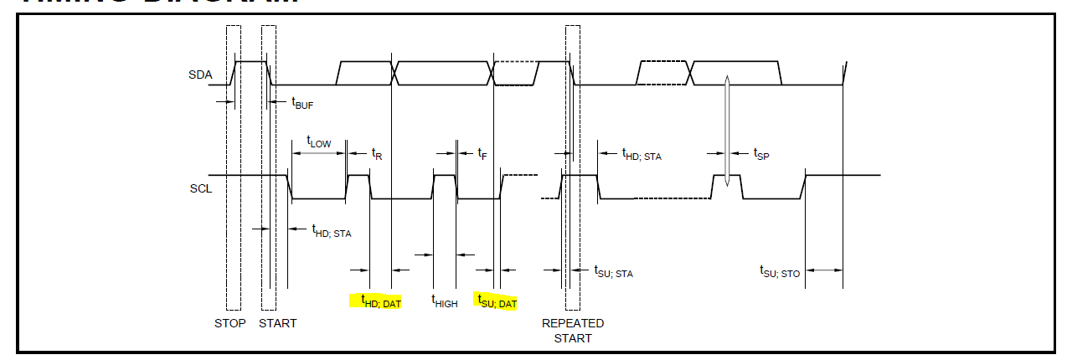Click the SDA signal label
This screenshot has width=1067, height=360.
click(x=198, y=75)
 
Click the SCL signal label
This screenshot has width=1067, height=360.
click(x=201, y=188)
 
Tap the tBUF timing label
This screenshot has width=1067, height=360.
click(x=302, y=103)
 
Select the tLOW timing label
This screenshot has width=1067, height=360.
click(x=318, y=142)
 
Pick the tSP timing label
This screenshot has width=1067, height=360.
click(x=760, y=154)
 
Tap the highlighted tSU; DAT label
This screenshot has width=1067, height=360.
click(x=497, y=301)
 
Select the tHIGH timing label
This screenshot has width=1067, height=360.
click(x=444, y=301)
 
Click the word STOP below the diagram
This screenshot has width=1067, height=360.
click(x=230, y=323)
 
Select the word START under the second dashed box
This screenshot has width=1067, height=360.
click(x=277, y=323)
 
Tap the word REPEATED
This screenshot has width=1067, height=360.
click(x=573, y=323)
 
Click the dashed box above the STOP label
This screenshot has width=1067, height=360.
click(x=234, y=167)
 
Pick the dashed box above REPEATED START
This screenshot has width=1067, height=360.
click(x=573, y=167)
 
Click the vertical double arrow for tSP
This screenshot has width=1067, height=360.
click(x=727, y=130)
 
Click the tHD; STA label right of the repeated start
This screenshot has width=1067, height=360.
click(x=641, y=154)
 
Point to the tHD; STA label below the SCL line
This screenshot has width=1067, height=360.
click(x=331, y=232)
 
